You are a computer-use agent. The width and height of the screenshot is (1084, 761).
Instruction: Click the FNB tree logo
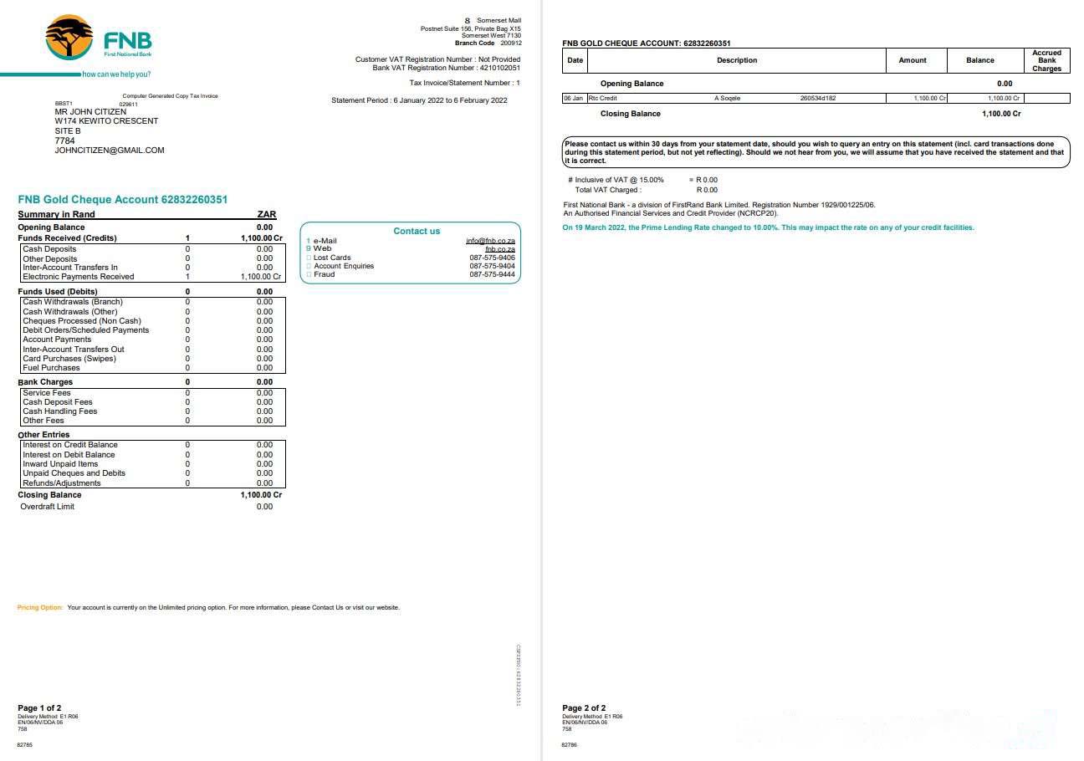click(69, 37)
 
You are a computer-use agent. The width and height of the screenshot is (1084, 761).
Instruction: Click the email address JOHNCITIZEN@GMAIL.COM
click(110, 151)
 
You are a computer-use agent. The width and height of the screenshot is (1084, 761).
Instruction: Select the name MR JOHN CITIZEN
click(90, 112)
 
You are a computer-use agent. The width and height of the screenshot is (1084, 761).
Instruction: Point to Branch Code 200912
click(488, 43)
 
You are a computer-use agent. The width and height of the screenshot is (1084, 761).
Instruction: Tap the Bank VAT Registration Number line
click(446, 68)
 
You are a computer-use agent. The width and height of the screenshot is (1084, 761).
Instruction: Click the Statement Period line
click(419, 100)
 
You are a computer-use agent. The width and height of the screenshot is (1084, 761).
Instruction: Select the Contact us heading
click(417, 231)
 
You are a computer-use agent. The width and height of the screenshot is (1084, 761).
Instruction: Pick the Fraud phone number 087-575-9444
click(492, 274)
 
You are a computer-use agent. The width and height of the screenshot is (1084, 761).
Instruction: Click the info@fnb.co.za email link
click(490, 241)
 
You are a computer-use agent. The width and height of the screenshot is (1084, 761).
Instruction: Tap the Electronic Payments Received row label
click(78, 277)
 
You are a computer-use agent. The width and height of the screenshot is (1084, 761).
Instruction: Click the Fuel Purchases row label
click(51, 368)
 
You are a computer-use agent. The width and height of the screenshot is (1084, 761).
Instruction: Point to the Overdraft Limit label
click(47, 507)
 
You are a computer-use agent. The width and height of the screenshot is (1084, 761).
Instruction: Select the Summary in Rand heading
click(57, 215)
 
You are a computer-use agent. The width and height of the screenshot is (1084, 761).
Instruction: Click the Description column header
click(737, 60)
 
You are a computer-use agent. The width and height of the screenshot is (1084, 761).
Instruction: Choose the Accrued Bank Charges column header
click(1046, 60)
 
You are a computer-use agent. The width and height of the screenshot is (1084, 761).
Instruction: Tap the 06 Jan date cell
click(573, 99)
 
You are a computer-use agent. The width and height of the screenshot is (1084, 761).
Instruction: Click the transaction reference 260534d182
click(818, 99)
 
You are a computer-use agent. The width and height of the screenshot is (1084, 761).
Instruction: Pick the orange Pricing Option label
click(40, 607)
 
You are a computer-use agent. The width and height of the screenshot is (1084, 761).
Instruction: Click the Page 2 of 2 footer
click(584, 708)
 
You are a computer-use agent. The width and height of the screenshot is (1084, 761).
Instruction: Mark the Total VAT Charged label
click(608, 190)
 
